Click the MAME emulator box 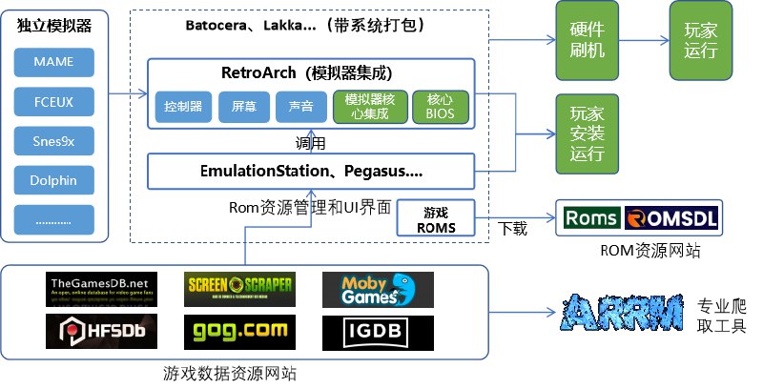(x=53, y=63)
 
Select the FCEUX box (x=53, y=102)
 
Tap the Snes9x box (x=53, y=141)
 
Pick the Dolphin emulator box (x=53, y=180)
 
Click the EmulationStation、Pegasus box (x=311, y=172)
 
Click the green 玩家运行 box (x=700, y=40)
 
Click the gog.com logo (x=239, y=330)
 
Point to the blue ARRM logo (x=624, y=313)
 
